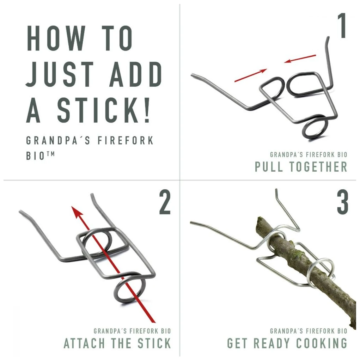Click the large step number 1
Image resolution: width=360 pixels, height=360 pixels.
point(342,25)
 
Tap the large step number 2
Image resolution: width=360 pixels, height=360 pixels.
point(165,202)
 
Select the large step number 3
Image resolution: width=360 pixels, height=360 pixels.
point(343,202)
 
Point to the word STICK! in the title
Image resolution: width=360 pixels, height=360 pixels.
point(104,110)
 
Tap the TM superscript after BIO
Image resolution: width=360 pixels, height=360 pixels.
point(50,154)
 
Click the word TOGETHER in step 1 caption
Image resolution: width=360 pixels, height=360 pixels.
point(318,166)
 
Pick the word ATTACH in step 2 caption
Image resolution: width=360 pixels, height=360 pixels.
point(85,343)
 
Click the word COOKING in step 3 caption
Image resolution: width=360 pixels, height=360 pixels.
point(322,343)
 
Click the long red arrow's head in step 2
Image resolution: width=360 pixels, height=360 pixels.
point(77,212)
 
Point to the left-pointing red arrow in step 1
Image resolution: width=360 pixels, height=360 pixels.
point(300,59)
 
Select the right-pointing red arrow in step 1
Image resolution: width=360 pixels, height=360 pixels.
point(251,75)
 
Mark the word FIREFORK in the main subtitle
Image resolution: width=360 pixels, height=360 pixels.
point(126,141)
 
